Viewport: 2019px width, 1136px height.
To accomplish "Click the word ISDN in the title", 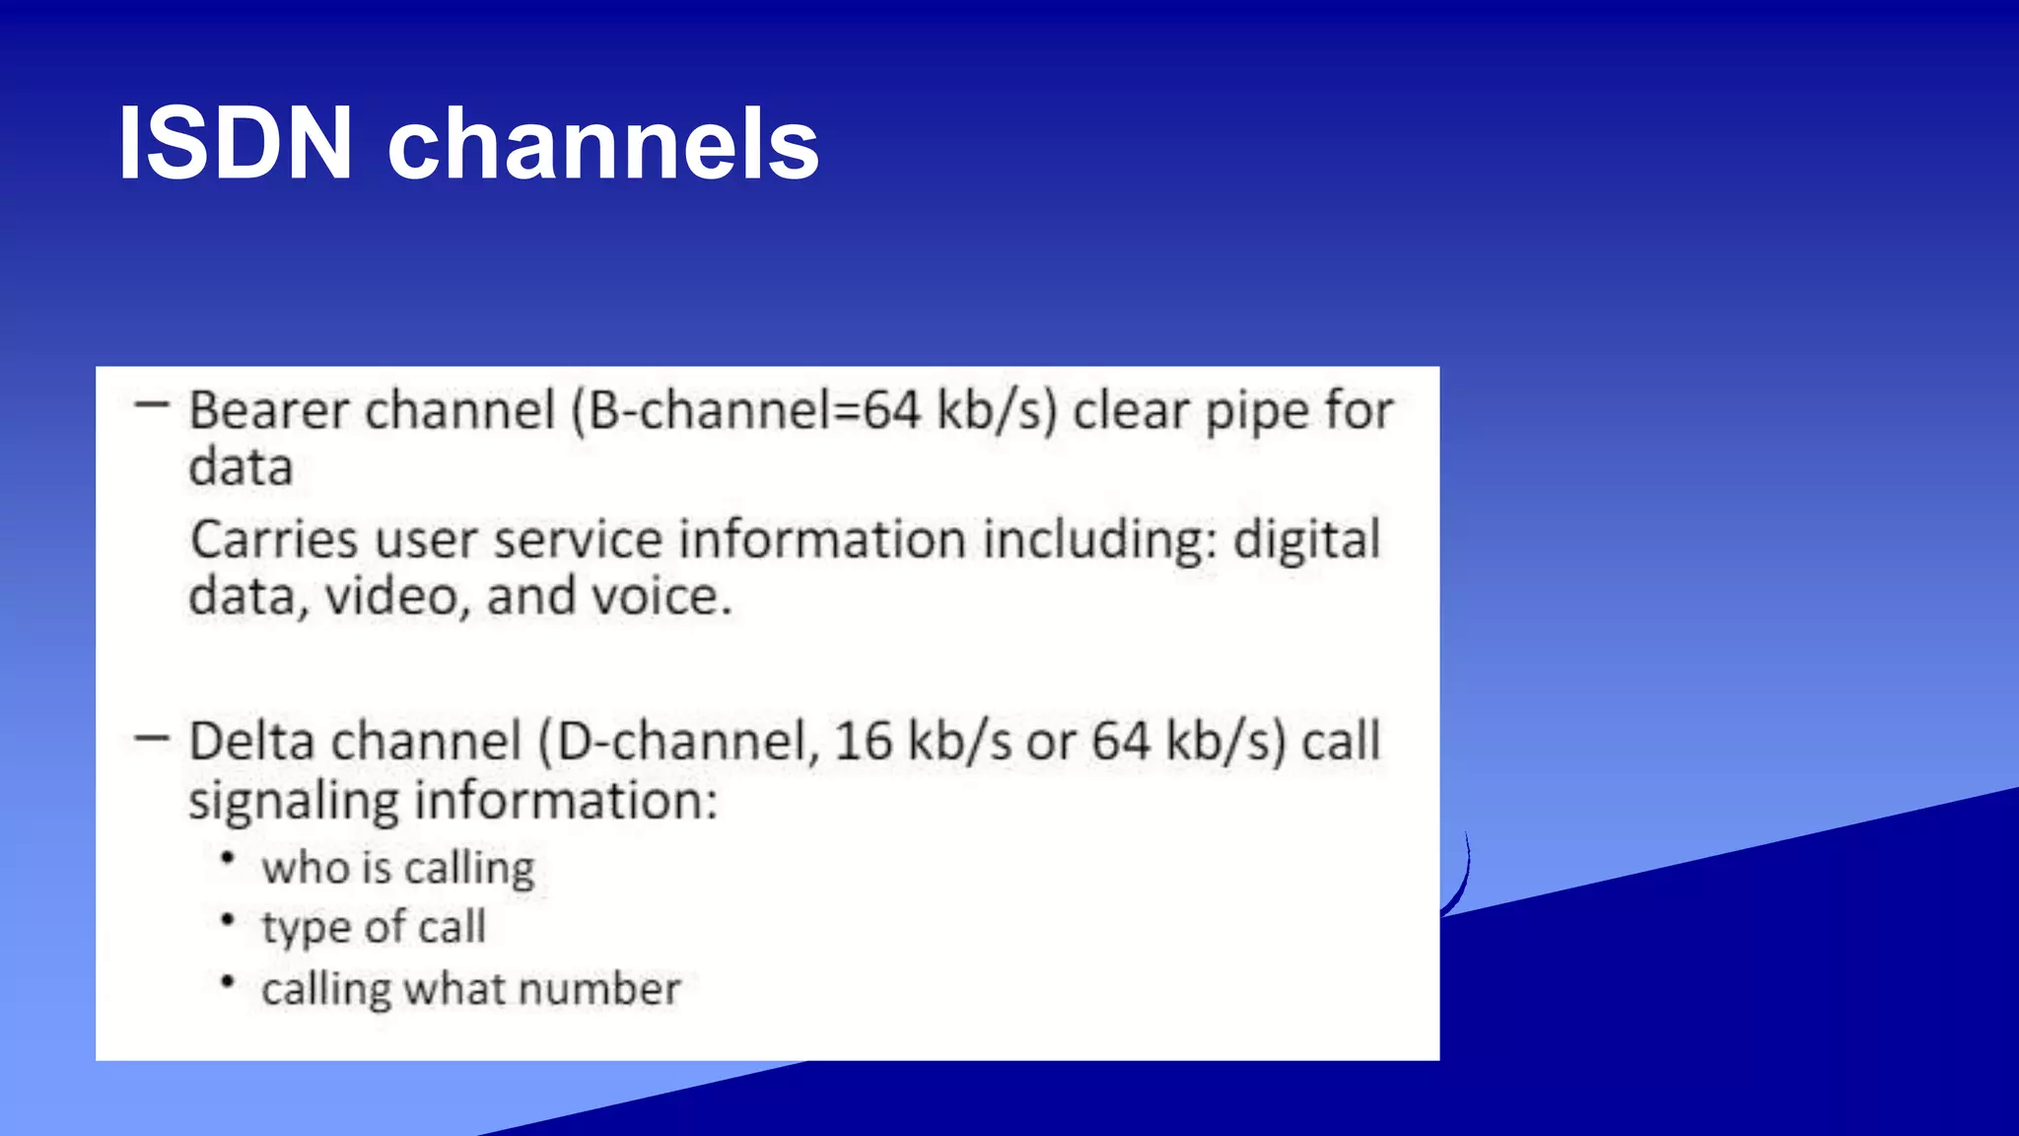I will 235,144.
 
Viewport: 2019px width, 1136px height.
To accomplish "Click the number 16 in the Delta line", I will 864,742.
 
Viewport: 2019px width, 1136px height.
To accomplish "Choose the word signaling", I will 293,801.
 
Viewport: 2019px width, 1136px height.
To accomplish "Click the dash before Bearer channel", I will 152,404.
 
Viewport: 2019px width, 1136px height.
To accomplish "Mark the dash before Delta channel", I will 152,737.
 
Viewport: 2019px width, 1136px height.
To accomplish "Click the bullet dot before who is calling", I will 228,859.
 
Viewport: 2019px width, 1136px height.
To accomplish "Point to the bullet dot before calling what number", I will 228,981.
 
